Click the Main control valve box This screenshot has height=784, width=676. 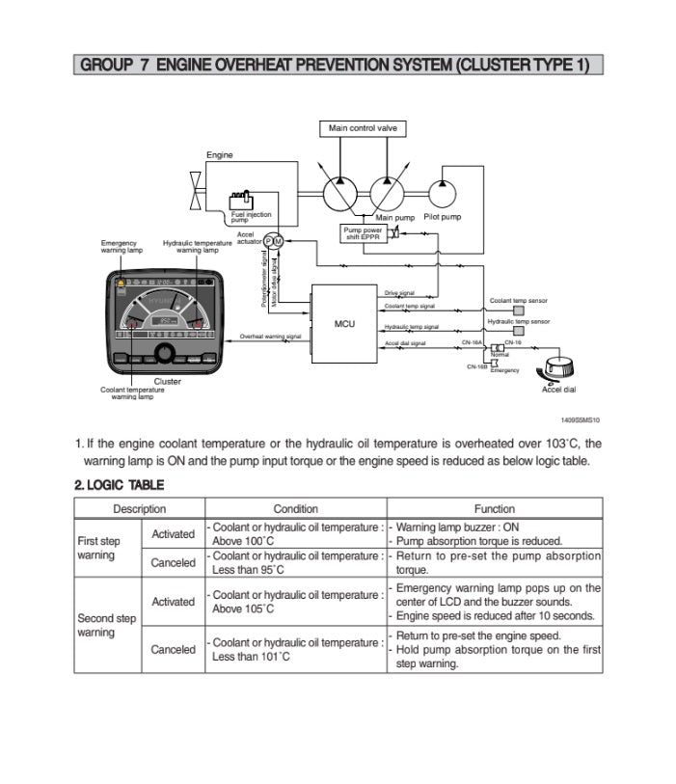pos(362,128)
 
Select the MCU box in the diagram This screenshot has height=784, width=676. pos(344,324)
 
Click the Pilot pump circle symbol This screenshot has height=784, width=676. pos(443,192)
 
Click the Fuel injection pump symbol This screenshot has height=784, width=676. pos(240,202)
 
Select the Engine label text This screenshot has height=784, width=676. pos(220,155)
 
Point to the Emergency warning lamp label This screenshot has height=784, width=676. pos(120,246)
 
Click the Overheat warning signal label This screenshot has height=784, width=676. pos(270,337)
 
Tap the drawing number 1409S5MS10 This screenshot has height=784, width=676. pos(581,420)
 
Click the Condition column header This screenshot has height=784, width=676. pos(295,509)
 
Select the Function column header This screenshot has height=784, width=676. pos(494,509)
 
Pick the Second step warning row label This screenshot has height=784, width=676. pos(106,625)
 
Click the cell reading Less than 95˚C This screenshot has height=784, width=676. pos(238,570)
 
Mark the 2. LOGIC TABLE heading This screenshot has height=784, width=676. pos(120,484)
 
